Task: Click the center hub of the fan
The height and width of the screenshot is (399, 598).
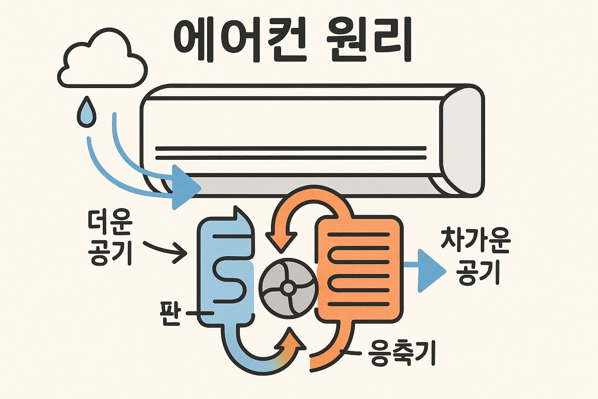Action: [x=288, y=288]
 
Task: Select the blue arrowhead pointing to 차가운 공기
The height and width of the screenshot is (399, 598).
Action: [x=431, y=271]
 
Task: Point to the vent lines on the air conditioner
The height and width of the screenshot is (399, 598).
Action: [x=290, y=153]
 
